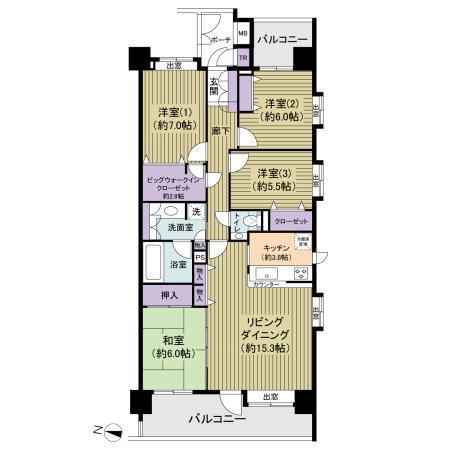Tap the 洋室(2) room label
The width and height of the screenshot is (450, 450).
pyautogui.click(x=279, y=108)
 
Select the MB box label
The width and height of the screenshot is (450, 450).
pyautogui.click(x=243, y=33)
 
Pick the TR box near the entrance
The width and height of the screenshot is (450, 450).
pyautogui.click(x=243, y=57)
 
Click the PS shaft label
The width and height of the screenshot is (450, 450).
pyautogui.click(x=200, y=256)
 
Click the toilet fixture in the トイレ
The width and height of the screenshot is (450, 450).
pyautogui.click(x=250, y=221)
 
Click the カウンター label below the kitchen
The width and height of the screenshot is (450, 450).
pyautogui.click(x=266, y=284)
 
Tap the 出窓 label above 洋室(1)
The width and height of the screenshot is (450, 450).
pyautogui.click(x=173, y=66)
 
